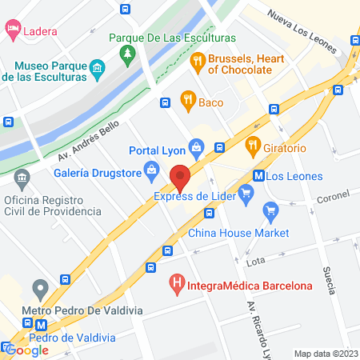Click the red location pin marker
[180, 175]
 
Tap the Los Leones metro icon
[258, 176]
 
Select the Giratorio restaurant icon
[253, 145]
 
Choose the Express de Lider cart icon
[246, 191]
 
